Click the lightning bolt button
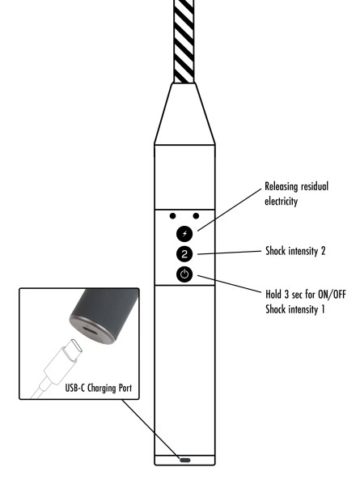184,234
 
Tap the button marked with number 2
184,254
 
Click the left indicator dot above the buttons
172,216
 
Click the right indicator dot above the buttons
196,216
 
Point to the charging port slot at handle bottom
184,460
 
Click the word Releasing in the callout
282,186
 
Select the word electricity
281,201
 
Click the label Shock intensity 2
295,251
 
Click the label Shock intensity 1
294,309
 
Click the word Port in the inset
125,389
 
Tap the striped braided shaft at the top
184,41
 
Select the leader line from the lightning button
230,210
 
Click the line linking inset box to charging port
150,428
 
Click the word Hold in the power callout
273,295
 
